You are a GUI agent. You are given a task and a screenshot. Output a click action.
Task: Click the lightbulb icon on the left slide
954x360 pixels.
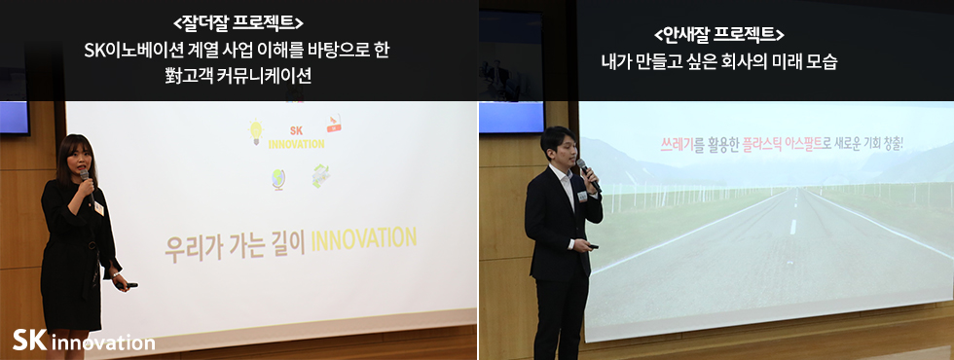[256, 130]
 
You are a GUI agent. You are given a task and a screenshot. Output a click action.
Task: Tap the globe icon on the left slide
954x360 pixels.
[278, 179]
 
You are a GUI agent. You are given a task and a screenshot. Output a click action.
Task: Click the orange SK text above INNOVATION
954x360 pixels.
[296, 130]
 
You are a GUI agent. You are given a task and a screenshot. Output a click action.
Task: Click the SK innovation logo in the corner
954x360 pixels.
[84, 340]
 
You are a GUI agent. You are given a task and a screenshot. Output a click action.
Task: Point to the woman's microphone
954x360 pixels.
[86, 183]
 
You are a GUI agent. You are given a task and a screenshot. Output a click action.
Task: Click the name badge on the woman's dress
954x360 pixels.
[99, 208]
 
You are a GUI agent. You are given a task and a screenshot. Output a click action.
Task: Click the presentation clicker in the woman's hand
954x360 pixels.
[130, 284]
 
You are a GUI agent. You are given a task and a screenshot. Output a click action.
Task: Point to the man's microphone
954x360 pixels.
[587, 174]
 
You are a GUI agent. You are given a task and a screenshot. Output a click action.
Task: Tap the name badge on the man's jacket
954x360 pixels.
[582, 196]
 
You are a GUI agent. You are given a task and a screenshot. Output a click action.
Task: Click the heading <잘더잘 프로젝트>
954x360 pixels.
[238, 23]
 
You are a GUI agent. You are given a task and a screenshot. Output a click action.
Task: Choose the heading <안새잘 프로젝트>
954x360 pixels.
[719, 34]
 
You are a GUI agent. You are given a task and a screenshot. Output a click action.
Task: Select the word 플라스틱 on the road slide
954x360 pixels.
[759, 145]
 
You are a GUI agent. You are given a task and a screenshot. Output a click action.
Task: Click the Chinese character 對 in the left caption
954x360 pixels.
[173, 76]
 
